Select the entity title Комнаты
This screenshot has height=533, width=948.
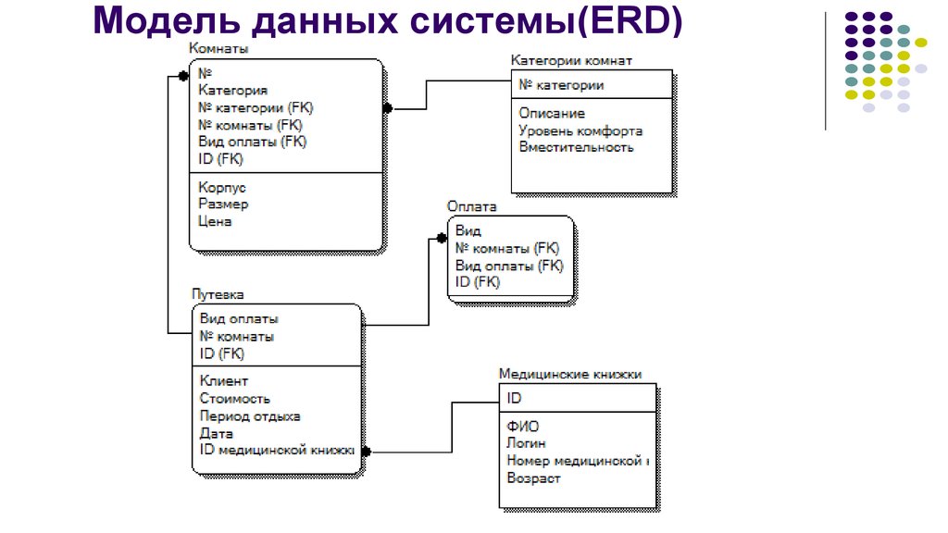(x=218, y=49)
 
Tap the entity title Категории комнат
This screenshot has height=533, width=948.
(x=571, y=60)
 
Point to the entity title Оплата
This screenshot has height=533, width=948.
(x=472, y=207)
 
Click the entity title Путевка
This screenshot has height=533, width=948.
(x=218, y=294)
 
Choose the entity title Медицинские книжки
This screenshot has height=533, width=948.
(x=570, y=375)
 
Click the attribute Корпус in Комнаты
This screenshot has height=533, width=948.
(x=222, y=187)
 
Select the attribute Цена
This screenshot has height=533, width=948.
(x=215, y=222)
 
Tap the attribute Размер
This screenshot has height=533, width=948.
(x=223, y=205)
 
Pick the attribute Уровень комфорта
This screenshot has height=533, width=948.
(x=580, y=130)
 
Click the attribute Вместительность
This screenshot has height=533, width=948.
(x=576, y=147)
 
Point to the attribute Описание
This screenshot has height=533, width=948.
(x=552, y=113)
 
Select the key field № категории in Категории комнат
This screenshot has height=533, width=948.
(x=561, y=85)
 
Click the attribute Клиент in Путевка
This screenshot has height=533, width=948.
(x=224, y=380)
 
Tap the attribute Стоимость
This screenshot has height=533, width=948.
(x=235, y=398)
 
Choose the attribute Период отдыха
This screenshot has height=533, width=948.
(x=250, y=415)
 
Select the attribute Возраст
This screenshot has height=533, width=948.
(x=533, y=478)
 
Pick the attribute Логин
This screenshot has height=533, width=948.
(x=526, y=443)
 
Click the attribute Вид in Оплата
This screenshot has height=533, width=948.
(x=468, y=231)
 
